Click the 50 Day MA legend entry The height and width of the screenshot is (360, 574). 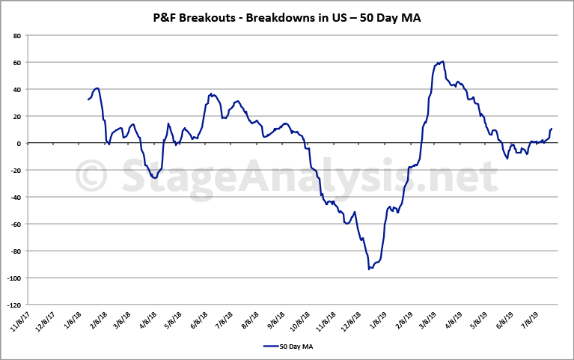click(x=287, y=347)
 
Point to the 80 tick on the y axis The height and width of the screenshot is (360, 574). click(x=16, y=35)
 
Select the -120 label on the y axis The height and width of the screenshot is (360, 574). click(x=13, y=305)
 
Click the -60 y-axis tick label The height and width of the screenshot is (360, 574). click(x=15, y=224)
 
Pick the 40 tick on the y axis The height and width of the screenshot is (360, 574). click(x=16, y=89)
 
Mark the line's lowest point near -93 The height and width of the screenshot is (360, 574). click(x=369, y=268)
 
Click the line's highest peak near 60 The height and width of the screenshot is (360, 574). click(x=444, y=61)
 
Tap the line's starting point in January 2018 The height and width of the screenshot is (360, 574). click(x=88, y=100)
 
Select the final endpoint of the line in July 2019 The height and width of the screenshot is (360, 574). click(x=552, y=129)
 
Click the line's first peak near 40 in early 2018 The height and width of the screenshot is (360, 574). click(x=97, y=88)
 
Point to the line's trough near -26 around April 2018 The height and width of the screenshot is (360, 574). click(x=154, y=178)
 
